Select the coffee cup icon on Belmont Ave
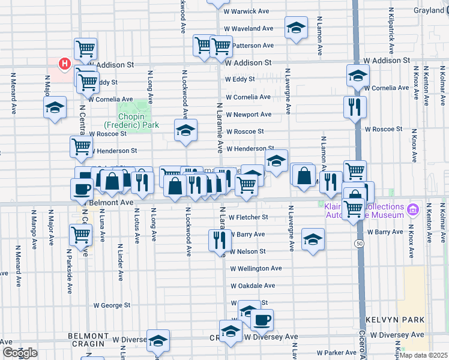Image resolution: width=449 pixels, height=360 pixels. (x=82, y=188)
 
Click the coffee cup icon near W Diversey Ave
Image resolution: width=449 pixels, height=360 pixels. (x=261, y=319)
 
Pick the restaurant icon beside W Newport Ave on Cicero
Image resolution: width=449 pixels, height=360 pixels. (x=354, y=107)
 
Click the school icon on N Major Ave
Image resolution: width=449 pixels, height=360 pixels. (x=55, y=107)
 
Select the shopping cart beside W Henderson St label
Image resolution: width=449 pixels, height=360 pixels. (x=82, y=146)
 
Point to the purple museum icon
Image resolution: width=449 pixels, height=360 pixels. (x=412, y=210)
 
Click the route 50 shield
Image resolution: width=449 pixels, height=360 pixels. (x=359, y=243)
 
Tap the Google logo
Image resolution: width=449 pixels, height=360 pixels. (x=20, y=353)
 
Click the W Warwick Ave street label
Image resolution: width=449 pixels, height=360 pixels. (x=247, y=11)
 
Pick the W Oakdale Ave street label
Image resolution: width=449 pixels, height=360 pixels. (x=253, y=286)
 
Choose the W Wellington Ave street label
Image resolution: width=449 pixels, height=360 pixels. (x=256, y=269)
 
